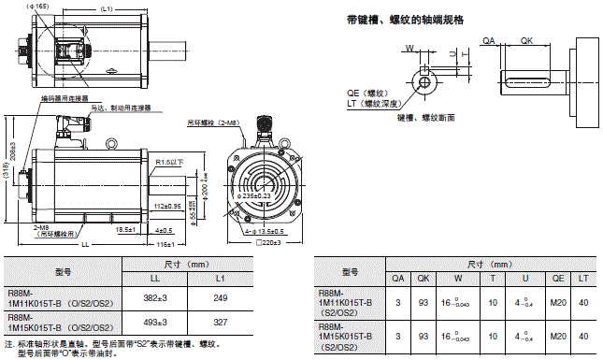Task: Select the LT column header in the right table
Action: (583, 277)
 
